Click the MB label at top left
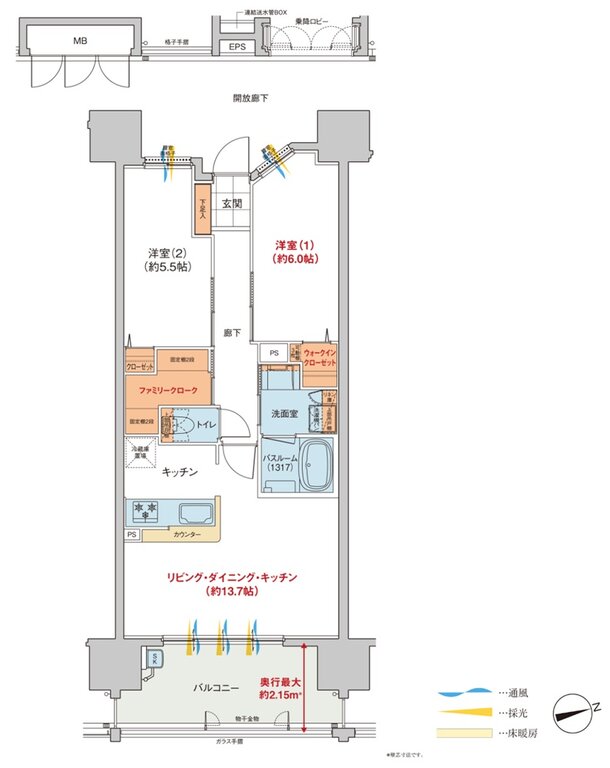point(78,42)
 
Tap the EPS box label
point(237,46)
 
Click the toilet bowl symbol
point(179,428)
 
